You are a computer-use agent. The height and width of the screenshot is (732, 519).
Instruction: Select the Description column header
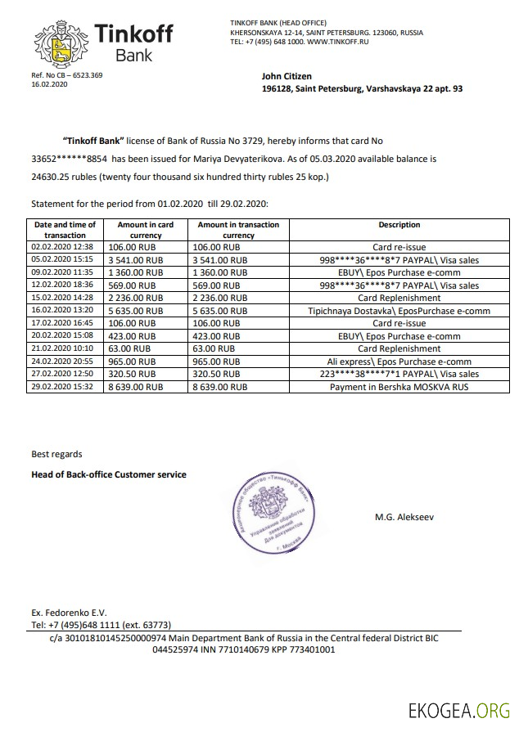tap(399, 225)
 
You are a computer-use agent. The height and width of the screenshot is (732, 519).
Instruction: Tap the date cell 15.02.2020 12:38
tap(63, 298)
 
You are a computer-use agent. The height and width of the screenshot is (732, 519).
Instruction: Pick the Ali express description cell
tap(399, 361)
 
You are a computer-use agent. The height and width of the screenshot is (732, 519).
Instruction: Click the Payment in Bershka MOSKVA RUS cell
tap(399, 386)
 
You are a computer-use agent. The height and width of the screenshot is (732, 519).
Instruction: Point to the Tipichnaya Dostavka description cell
tap(399, 311)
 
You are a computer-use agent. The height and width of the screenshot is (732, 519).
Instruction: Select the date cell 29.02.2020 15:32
tap(63, 386)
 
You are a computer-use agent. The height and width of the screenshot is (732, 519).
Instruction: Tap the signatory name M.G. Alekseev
tap(403, 517)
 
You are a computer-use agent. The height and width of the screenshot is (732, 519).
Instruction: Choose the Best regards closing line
tap(56, 454)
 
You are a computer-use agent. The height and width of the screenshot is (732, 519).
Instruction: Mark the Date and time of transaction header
tap(64, 230)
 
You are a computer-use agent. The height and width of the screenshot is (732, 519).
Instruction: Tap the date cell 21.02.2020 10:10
tap(63, 348)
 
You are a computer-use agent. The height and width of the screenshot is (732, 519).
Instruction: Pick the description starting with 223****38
tap(399, 374)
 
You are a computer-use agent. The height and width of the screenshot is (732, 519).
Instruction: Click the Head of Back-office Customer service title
tap(109, 474)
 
